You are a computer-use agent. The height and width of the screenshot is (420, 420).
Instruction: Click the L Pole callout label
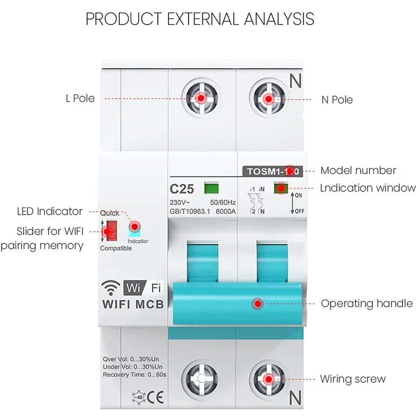pyautogui.click(x=80, y=99)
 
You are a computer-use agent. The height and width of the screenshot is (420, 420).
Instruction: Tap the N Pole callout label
pyautogui.click(x=337, y=100)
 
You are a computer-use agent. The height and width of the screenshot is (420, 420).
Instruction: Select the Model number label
pyautogui.click(x=358, y=170)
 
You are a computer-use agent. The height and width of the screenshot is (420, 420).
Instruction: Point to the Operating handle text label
pyautogui.click(x=367, y=303)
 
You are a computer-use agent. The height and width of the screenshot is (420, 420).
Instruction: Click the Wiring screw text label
pyautogui.click(x=352, y=379)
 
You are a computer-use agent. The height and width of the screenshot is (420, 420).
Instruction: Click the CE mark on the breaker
pyautogui.click(x=154, y=397)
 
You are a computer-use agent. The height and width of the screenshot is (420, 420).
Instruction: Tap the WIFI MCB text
pyautogui.click(x=133, y=304)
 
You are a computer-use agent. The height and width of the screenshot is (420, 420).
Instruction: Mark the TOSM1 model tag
pyautogui.click(x=272, y=171)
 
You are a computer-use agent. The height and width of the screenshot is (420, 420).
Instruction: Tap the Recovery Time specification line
pyautogui.click(x=135, y=374)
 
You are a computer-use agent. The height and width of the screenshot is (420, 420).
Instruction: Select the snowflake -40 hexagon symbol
pyautogui.click(x=137, y=397)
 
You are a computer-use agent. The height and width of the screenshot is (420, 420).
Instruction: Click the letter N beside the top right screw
pyautogui.click(x=296, y=81)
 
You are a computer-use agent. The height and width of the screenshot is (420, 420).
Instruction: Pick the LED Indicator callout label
pyautogui.click(x=50, y=211)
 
